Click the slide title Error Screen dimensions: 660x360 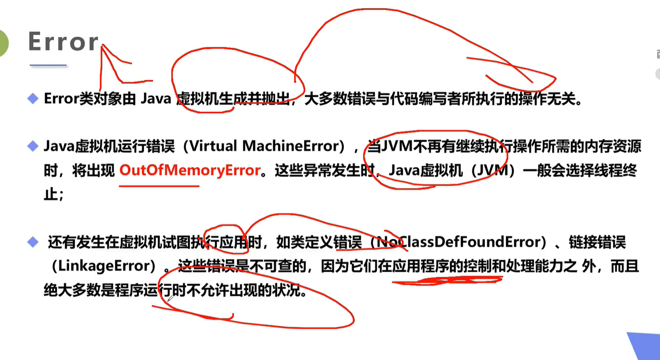[x=63, y=42]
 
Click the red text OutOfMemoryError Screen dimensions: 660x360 [x=190, y=171]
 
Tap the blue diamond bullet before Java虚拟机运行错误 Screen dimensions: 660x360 [x=33, y=146]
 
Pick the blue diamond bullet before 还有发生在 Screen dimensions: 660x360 [x=33, y=242]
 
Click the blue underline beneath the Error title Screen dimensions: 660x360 [x=48, y=65]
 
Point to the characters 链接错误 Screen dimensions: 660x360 [x=597, y=243]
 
